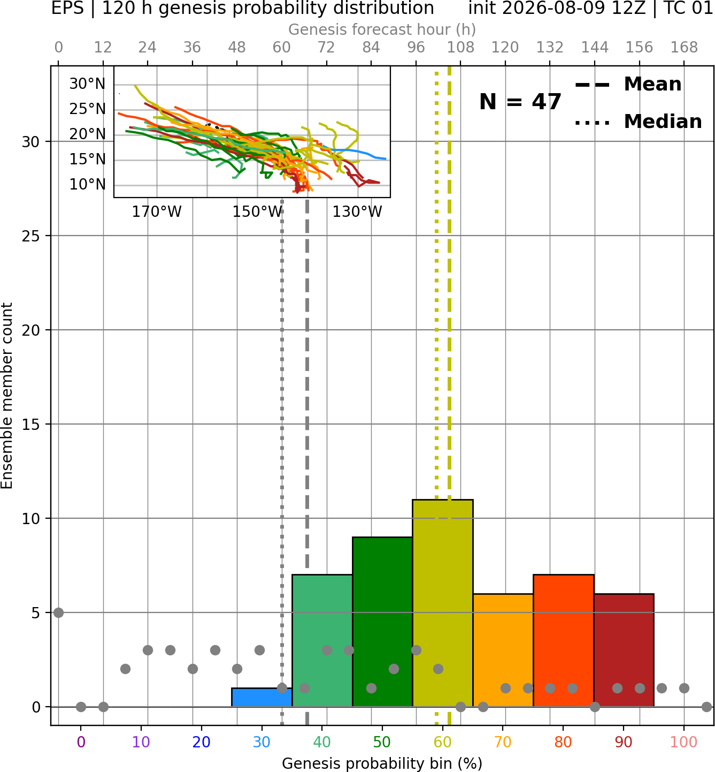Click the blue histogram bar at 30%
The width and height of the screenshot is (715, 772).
262,697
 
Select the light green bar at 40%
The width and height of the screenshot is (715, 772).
322,640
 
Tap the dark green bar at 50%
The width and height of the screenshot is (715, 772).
382,622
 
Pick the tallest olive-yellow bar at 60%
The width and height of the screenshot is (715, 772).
443,603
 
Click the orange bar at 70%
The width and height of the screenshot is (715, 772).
503,650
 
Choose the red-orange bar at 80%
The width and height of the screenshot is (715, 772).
564,640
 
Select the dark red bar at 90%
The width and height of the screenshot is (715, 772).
624,650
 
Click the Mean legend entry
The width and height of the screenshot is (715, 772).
628,85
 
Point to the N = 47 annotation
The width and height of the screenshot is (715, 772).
520,102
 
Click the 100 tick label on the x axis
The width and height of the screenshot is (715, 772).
684,742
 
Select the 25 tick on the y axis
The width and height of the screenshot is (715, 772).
30,236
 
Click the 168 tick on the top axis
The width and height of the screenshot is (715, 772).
684,48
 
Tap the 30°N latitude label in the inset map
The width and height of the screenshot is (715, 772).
87,84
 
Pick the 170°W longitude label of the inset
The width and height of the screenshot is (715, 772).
157,212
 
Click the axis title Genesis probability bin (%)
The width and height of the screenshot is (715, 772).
382,763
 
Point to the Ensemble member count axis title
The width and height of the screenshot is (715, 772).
6,396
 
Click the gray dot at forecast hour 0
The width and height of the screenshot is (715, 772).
58,612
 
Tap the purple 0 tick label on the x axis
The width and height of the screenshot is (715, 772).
81,742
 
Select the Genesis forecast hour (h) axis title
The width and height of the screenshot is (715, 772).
382,29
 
